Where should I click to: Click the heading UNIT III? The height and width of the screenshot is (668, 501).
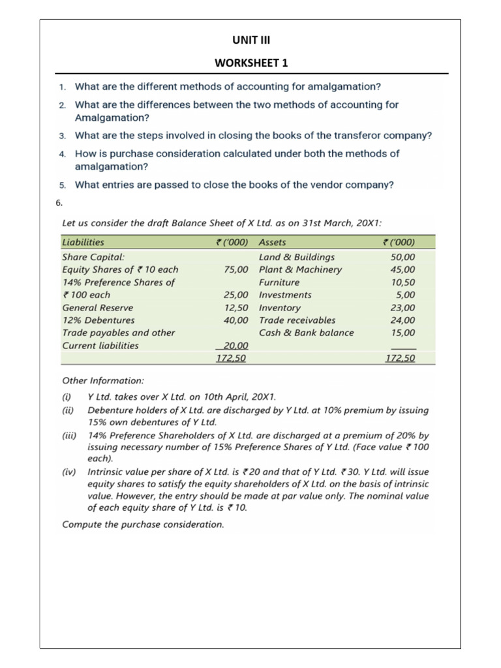(250, 40)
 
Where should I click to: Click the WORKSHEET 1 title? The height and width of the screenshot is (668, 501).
(250, 63)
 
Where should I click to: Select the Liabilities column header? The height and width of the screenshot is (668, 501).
(83, 242)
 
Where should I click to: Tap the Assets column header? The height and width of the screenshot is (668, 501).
(272, 242)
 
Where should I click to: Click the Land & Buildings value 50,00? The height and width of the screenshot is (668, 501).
(401, 257)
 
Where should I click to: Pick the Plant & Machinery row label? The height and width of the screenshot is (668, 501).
(300, 269)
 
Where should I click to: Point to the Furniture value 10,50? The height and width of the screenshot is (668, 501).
(401, 282)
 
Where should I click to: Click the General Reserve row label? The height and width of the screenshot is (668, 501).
(97, 307)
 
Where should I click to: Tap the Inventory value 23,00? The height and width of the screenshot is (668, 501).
(401, 307)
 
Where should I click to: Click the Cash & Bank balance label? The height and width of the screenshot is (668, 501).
(306, 333)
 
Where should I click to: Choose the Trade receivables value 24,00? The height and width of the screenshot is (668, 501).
(401, 320)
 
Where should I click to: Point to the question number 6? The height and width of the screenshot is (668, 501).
(59, 202)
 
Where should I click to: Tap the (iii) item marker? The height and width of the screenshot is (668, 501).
(68, 435)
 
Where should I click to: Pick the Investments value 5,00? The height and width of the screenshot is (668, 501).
(404, 295)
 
